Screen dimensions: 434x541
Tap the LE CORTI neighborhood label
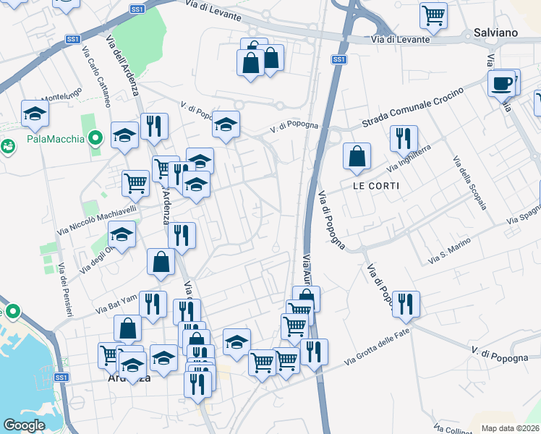click(376, 185)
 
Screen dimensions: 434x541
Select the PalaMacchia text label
click(54, 139)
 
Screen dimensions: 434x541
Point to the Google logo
click(24, 425)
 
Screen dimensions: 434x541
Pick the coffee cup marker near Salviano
click(500, 84)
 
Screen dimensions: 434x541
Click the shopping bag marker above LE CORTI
click(357, 156)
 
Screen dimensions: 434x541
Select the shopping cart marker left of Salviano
click(433, 15)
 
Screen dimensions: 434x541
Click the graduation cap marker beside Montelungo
click(35, 113)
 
